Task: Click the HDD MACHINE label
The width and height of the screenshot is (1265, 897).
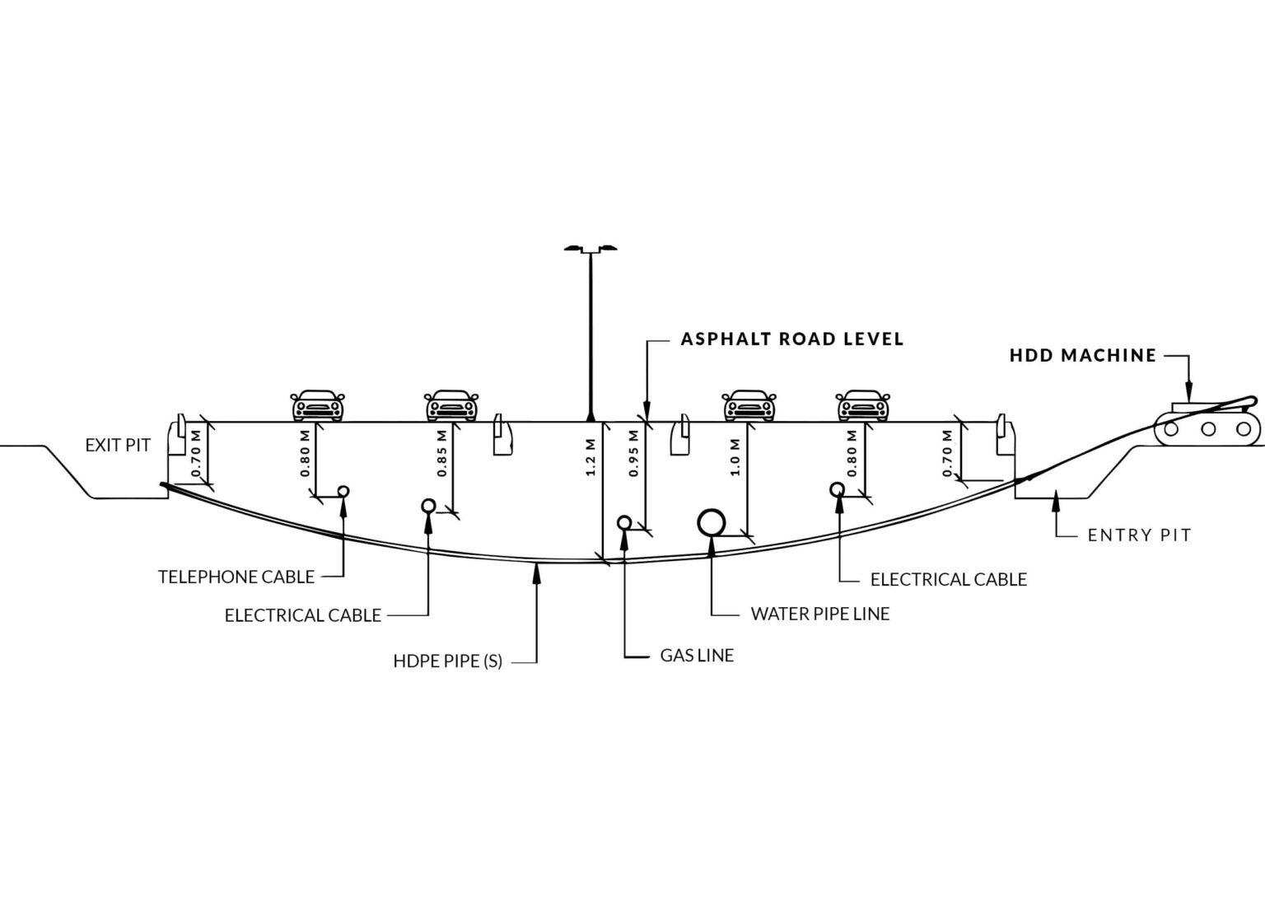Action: click(1082, 356)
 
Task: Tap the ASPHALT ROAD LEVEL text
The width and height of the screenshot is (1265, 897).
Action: click(791, 339)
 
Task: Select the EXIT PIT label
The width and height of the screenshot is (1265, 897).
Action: click(118, 446)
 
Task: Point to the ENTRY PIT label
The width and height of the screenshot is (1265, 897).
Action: click(1139, 535)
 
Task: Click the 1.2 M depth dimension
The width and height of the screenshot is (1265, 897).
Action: click(590, 462)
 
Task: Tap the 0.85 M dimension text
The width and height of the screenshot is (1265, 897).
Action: click(442, 453)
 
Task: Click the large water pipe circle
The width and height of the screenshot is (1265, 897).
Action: click(712, 522)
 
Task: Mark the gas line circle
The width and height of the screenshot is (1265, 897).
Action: click(624, 522)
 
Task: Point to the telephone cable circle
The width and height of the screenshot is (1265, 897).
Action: click(343, 491)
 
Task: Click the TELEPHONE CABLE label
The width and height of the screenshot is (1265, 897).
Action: click(236, 577)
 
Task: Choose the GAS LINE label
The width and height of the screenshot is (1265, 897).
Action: click(697, 656)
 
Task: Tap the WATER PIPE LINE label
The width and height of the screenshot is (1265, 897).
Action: click(819, 614)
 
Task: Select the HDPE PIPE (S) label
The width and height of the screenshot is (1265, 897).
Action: click(447, 661)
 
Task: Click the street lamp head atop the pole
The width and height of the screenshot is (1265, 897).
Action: click(590, 248)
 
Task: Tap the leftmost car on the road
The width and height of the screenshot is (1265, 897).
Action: click(317, 405)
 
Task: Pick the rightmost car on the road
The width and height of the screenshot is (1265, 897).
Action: click(862, 405)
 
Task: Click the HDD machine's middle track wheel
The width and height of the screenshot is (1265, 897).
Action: click(1207, 428)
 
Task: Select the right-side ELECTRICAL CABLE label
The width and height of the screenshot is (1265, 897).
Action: click(948, 580)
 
